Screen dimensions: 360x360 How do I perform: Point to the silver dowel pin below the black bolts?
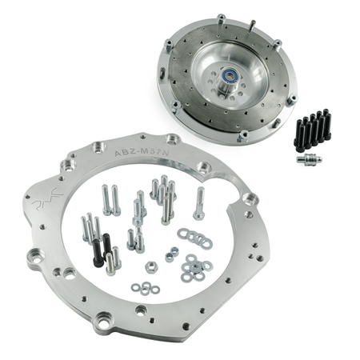(x=308, y=158)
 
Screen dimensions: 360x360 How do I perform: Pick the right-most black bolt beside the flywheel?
(x=326, y=126)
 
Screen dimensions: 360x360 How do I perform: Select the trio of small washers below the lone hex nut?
(x=144, y=286)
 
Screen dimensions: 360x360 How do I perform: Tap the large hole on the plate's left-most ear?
(x=34, y=258)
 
